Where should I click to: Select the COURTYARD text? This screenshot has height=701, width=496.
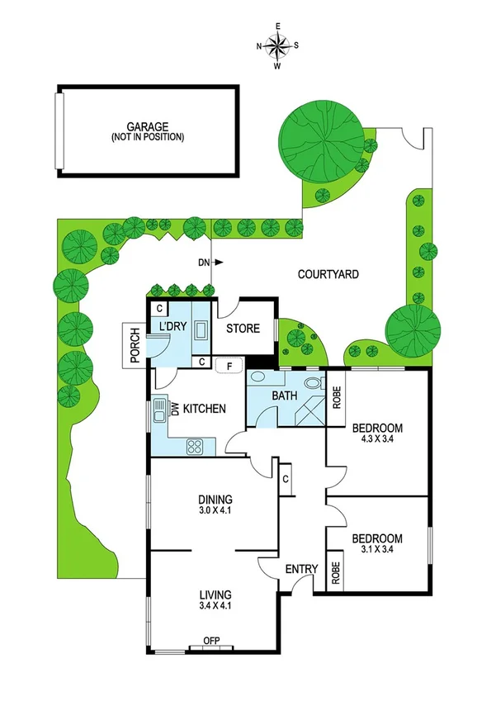click(x=328, y=274)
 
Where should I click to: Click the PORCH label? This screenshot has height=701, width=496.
click(x=135, y=345)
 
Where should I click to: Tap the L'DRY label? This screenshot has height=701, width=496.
click(x=172, y=327)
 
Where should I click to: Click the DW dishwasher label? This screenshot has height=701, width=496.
click(x=175, y=408)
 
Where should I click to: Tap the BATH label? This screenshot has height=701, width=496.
click(x=284, y=396)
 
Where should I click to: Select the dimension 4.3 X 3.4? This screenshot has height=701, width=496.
click(x=377, y=439)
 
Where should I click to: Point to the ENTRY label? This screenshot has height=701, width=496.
click(x=301, y=570)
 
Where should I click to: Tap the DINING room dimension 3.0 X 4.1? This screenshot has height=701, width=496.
click(x=215, y=511)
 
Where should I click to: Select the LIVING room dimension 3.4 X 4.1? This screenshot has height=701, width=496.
click(x=215, y=605)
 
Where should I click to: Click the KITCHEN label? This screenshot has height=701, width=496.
click(x=205, y=408)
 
